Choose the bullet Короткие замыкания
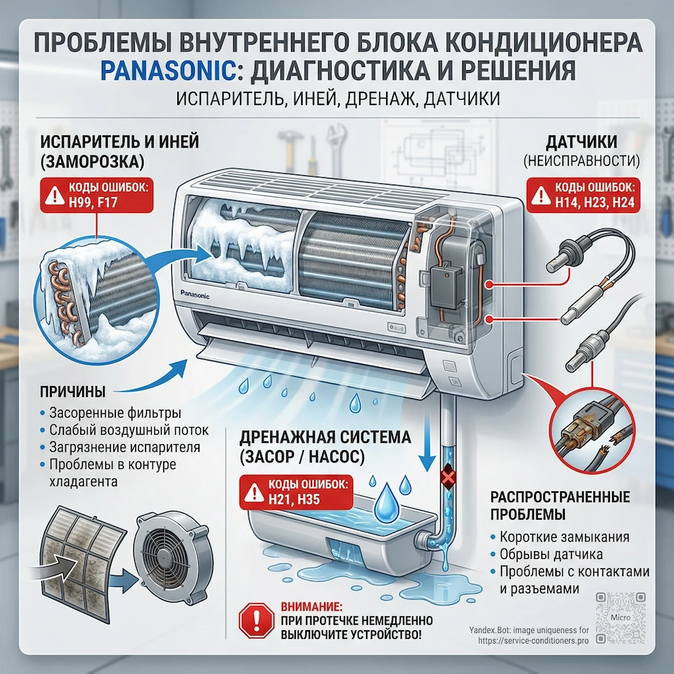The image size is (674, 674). (x=565, y=537)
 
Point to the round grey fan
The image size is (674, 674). (x=164, y=550)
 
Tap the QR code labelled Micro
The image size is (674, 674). (x=617, y=616)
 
